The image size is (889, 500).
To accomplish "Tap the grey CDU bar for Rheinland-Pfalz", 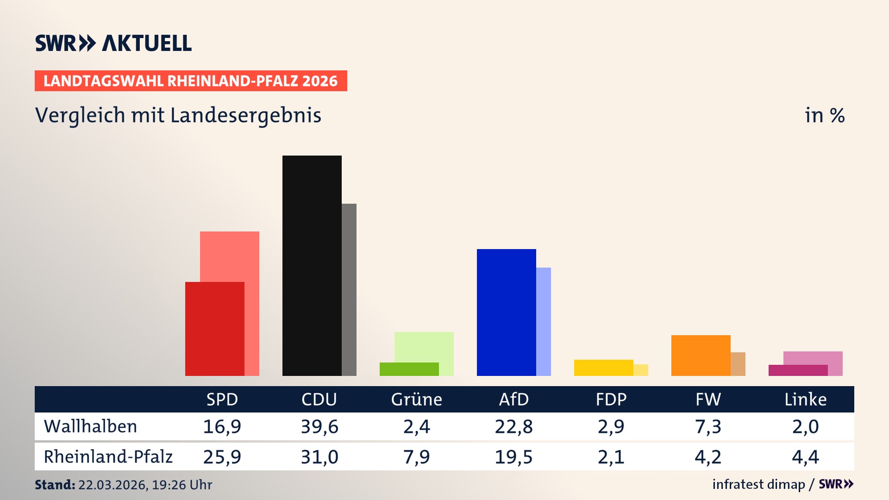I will click(349, 289).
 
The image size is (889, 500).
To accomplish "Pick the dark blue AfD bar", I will click(506, 312).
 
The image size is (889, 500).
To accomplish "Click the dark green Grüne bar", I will click(409, 369).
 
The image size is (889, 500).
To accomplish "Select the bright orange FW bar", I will click(701, 355).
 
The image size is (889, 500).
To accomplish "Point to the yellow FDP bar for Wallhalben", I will click(603, 368).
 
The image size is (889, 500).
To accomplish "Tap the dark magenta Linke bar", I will click(798, 370).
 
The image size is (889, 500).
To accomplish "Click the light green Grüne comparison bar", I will click(424, 346).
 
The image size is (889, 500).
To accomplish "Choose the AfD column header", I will click(513, 399).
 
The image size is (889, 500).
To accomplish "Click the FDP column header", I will click(611, 399).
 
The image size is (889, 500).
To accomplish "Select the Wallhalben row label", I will click(90, 426).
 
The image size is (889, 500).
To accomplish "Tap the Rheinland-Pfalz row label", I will click(108, 456).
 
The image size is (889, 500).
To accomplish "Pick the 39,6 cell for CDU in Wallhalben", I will click(319, 426).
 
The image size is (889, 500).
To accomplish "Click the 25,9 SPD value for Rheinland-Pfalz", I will click(222, 457).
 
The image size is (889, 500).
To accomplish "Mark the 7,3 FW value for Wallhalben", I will click(708, 426).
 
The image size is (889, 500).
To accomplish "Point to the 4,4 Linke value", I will click(805, 457).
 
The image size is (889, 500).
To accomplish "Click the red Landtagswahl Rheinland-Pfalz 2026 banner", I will click(191, 81).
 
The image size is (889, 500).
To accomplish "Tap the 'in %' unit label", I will click(825, 115).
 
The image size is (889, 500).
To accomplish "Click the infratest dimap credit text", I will click(758, 484).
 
